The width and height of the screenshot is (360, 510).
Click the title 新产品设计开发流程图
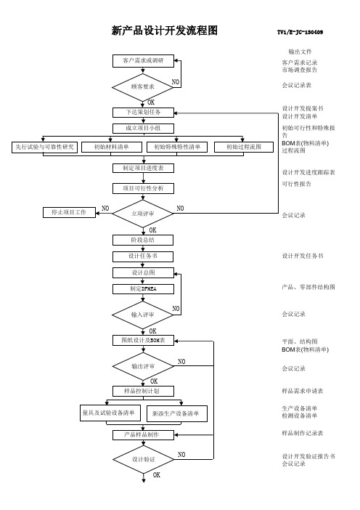(x=164, y=31)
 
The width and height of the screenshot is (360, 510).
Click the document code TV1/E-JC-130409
(x=300, y=32)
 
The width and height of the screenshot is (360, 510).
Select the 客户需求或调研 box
(x=143, y=61)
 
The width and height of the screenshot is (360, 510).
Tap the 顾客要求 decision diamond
(x=143, y=87)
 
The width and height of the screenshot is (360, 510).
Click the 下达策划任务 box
(x=143, y=113)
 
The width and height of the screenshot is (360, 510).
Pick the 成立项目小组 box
(x=143, y=128)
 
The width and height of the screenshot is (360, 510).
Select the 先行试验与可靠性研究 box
(x=44, y=147)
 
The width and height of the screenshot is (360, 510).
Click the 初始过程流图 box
(x=244, y=147)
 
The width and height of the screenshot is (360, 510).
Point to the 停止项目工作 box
(x=69, y=212)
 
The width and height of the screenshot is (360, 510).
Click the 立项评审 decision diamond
(x=143, y=214)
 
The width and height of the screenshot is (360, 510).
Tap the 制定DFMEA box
(x=143, y=289)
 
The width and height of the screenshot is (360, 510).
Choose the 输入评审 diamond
(x=143, y=315)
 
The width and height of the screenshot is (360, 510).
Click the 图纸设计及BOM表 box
(x=143, y=341)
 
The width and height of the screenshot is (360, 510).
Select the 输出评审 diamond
(x=143, y=366)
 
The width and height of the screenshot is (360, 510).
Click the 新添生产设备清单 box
(x=177, y=413)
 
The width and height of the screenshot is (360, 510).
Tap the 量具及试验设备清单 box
(x=110, y=413)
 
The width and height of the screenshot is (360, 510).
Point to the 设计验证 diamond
(x=143, y=460)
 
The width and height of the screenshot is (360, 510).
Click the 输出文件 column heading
(x=300, y=52)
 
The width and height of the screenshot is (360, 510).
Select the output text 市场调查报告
(x=300, y=70)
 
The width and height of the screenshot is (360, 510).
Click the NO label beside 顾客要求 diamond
(x=176, y=82)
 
